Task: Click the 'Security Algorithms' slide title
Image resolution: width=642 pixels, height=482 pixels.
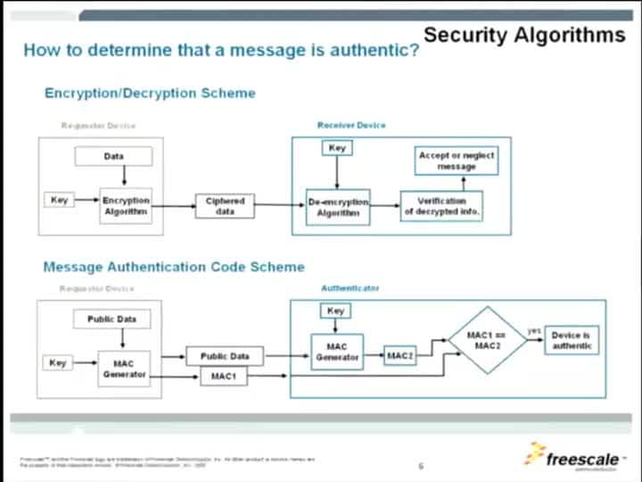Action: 524,35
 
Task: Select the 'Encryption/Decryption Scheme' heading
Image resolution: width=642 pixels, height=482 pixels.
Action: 150,93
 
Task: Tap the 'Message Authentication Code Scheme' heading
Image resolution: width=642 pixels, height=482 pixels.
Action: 174,267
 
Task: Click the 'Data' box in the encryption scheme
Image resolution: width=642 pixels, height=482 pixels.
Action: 113,156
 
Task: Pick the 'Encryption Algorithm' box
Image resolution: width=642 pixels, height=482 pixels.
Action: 126,206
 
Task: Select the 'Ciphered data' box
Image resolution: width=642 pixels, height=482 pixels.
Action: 225,206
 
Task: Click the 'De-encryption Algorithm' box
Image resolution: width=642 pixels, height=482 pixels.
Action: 338,207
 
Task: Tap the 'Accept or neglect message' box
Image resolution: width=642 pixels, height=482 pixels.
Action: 456,161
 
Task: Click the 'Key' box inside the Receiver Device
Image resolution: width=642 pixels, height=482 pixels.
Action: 337,147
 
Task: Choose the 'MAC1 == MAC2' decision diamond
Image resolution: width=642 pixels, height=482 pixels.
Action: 487,340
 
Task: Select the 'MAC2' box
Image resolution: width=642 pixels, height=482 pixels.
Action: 400,356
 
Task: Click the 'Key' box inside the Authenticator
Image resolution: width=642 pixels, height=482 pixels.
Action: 336,311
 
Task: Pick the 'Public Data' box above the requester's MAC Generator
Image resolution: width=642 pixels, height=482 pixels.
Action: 112,319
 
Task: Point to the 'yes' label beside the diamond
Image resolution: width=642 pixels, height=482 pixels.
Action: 533,330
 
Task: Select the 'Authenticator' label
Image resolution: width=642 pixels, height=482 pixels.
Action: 350,288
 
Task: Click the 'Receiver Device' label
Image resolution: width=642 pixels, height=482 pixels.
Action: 351,125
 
